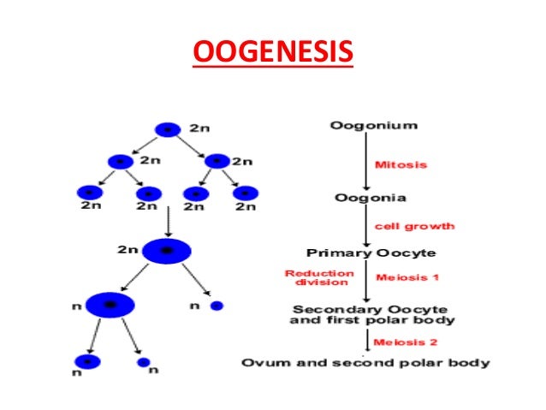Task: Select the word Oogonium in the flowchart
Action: (x=373, y=125)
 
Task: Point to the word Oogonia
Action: (x=370, y=198)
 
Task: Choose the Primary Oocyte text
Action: (x=371, y=253)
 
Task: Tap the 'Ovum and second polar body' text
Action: (x=365, y=362)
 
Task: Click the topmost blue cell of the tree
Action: (x=167, y=129)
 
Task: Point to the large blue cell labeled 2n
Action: (x=166, y=250)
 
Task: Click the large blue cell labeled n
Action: (x=110, y=304)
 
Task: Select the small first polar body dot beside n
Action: (x=217, y=306)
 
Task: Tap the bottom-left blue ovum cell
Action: (x=87, y=361)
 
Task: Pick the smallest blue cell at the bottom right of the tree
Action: (x=143, y=362)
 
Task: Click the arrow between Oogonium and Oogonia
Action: (x=366, y=162)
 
